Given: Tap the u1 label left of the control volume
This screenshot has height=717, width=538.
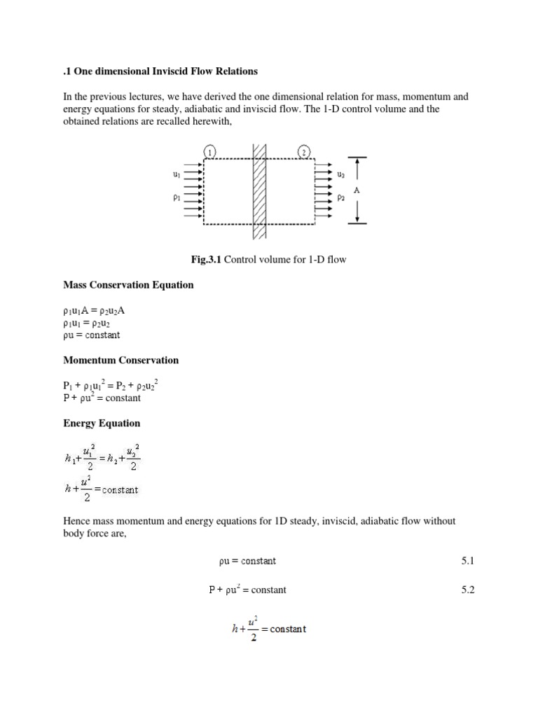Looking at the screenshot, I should click(176, 173).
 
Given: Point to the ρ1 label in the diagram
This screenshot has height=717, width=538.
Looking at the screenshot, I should click(176, 198).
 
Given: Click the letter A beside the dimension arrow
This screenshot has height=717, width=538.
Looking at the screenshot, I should click(376, 189).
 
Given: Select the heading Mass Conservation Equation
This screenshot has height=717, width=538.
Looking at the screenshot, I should click(128, 285).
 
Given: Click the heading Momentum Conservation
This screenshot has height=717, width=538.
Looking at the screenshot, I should click(120, 360).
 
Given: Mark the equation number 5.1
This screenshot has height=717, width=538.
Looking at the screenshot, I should click(468, 561).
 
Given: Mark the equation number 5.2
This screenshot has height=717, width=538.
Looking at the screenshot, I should click(468, 590).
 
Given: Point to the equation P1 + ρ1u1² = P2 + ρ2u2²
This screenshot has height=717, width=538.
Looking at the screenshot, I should click(111, 385).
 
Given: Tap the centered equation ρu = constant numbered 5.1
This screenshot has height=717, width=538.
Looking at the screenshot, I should click(247, 561).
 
